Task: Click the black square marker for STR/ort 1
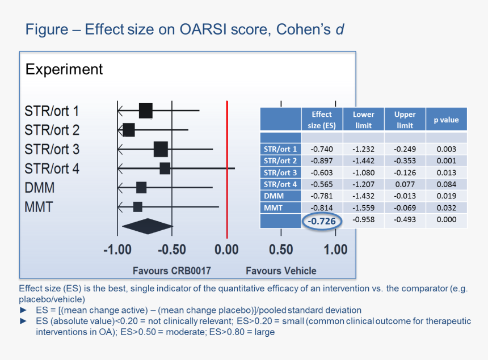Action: (x=146, y=111)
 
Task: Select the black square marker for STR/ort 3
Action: (x=161, y=149)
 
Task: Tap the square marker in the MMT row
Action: (x=137, y=207)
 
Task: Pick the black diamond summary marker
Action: (x=147, y=226)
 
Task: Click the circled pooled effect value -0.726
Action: (x=322, y=221)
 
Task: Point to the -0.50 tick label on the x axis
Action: (x=172, y=249)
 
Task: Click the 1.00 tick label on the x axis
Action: (x=335, y=249)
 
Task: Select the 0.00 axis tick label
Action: (x=226, y=249)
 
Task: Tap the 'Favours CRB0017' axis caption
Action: (x=172, y=271)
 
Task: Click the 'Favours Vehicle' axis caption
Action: (x=281, y=271)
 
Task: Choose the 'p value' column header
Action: (x=447, y=120)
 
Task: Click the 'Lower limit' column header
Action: (x=364, y=120)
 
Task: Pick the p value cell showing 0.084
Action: (x=447, y=184)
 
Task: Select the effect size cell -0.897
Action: (x=322, y=161)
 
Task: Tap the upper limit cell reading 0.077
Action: (x=405, y=184)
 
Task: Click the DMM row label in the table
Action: (x=274, y=196)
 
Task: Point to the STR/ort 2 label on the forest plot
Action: (x=52, y=130)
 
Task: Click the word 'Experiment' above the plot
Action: (x=64, y=69)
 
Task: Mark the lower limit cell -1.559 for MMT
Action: (x=364, y=207)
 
